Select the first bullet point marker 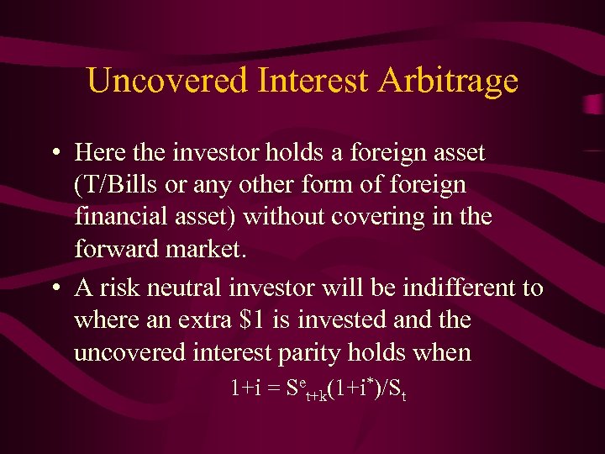(x=54, y=153)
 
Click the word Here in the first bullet (x=101, y=152)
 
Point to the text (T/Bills (x=114, y=184)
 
